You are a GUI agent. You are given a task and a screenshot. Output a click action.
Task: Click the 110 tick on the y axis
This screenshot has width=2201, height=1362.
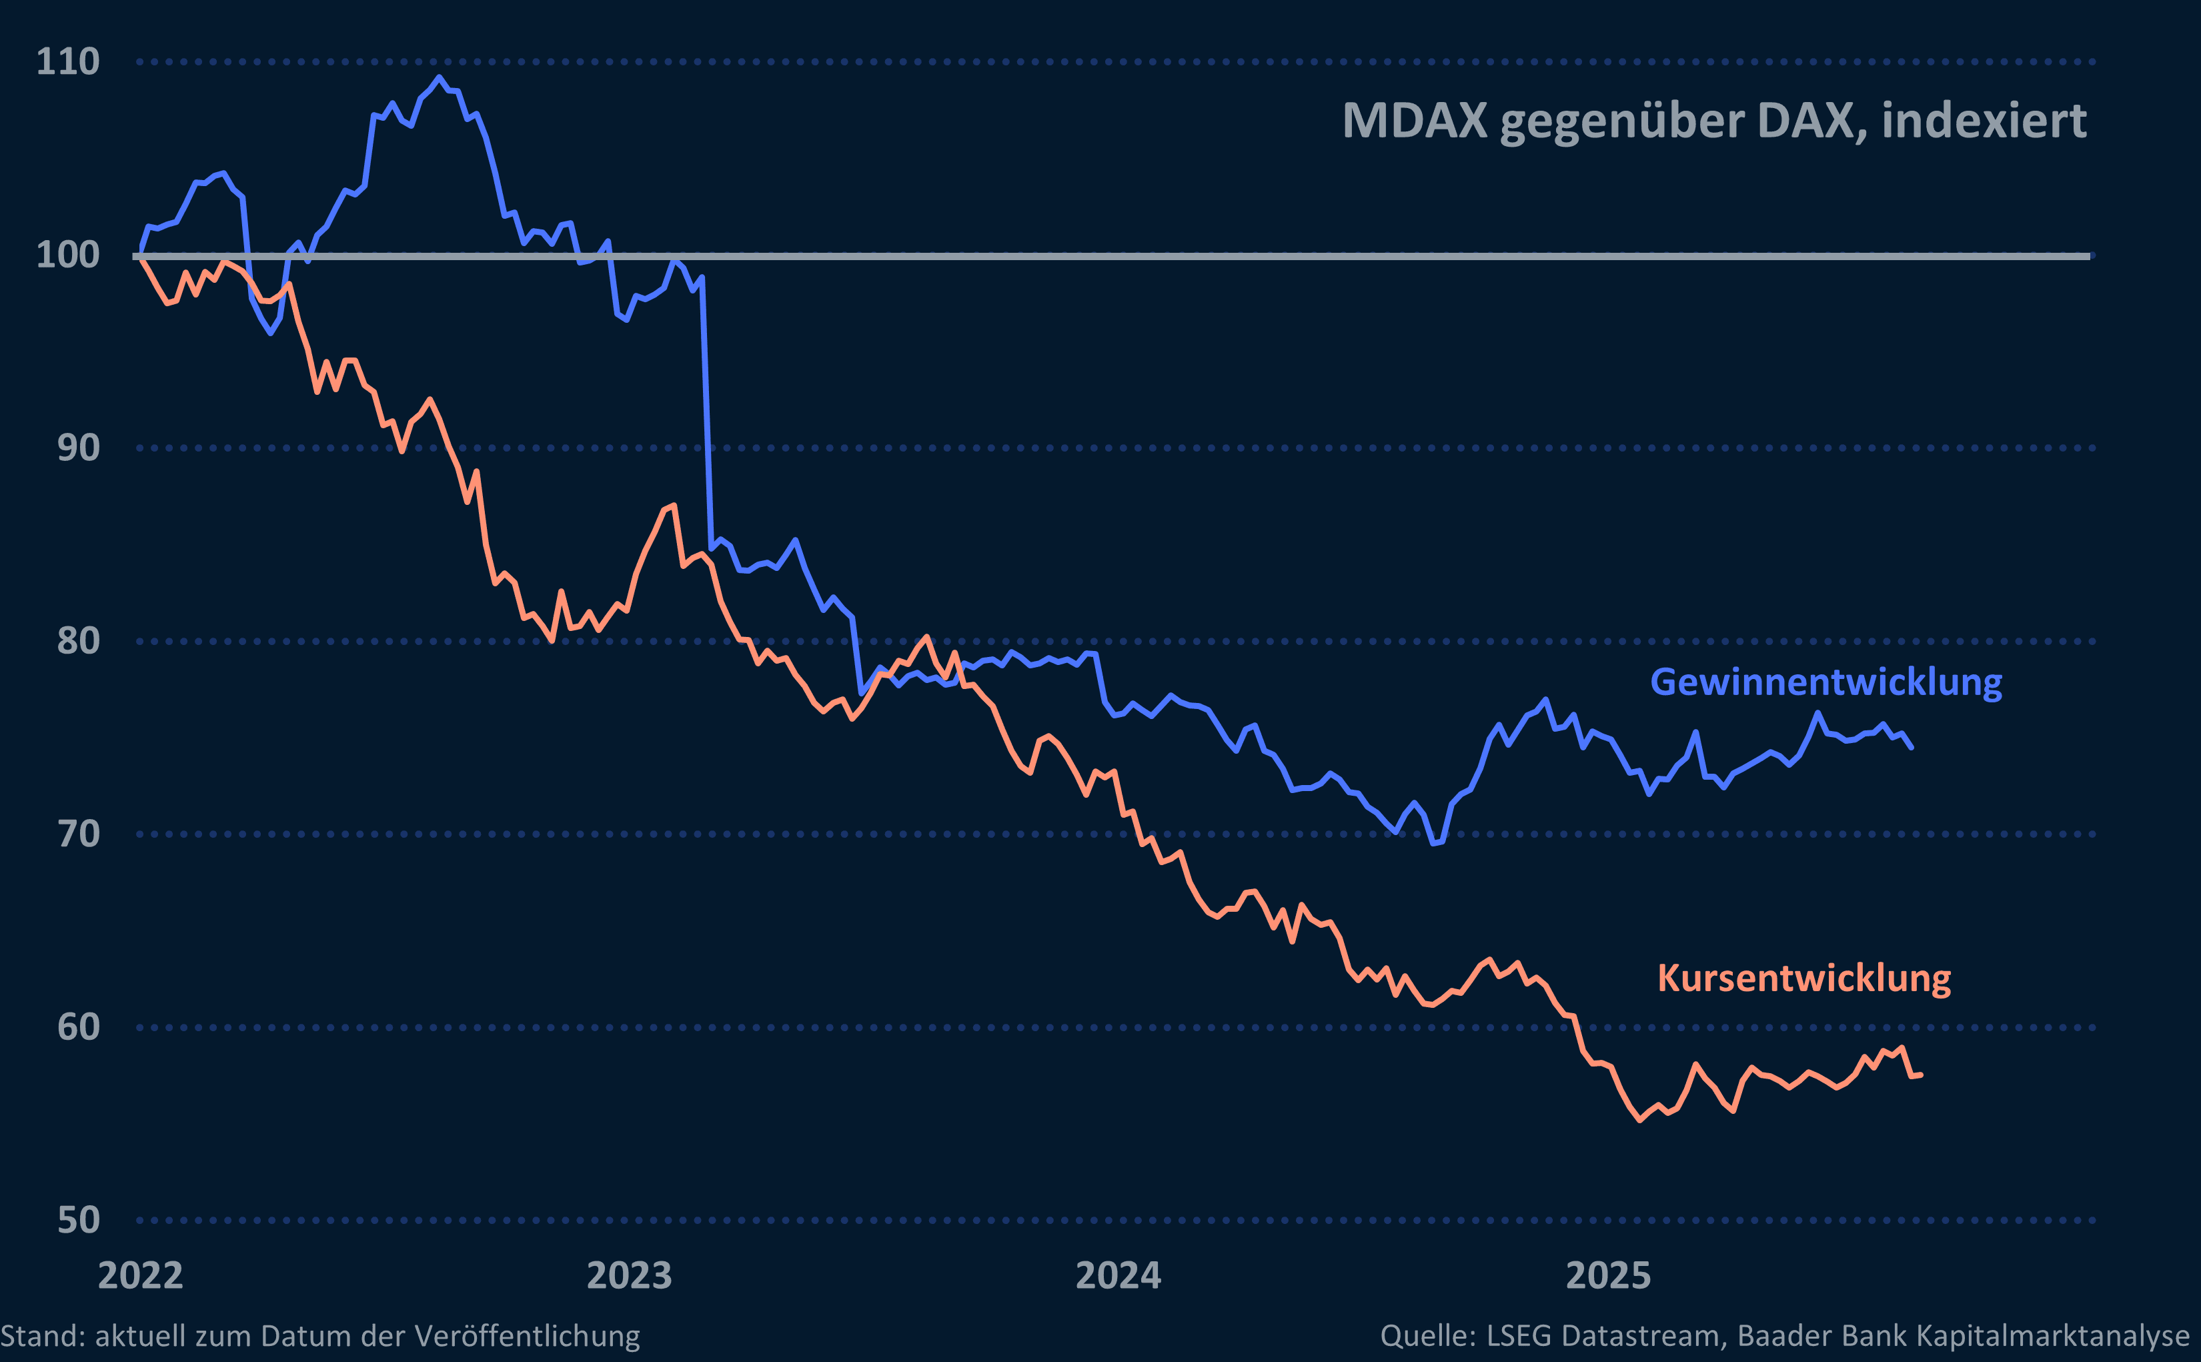click(67, 61)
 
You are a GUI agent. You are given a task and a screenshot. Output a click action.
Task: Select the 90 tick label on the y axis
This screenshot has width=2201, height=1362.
click(78, 448)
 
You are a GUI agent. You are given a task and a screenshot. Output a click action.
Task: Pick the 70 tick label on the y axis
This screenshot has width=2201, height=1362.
click(78, 834)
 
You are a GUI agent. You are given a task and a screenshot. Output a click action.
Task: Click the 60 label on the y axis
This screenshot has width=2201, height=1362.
click(78, 1027)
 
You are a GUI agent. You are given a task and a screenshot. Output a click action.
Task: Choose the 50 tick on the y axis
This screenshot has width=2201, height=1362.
click(78, 1220)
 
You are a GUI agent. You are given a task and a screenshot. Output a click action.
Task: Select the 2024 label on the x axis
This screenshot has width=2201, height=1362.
click(1118, 1275)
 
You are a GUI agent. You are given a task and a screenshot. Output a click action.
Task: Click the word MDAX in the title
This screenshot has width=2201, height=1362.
click(1414, 121)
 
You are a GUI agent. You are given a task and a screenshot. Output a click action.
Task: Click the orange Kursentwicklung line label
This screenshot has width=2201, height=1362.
click(1804, 978)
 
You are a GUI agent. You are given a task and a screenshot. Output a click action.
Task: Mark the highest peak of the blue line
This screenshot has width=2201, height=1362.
click(439, 77)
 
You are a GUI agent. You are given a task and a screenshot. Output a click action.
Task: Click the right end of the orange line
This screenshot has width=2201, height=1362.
click(1921, 1074)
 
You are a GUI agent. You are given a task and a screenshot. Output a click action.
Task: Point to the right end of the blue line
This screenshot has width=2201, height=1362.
click(1911, 747)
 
